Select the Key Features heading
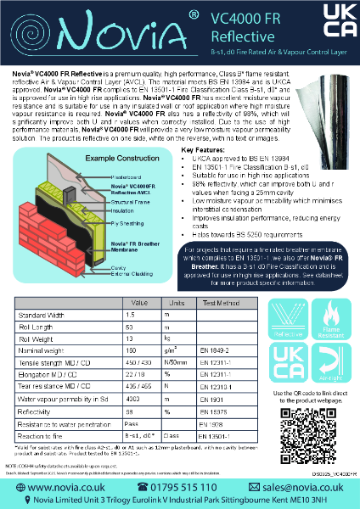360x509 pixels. [207, 127]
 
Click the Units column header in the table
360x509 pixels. [177, 302]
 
